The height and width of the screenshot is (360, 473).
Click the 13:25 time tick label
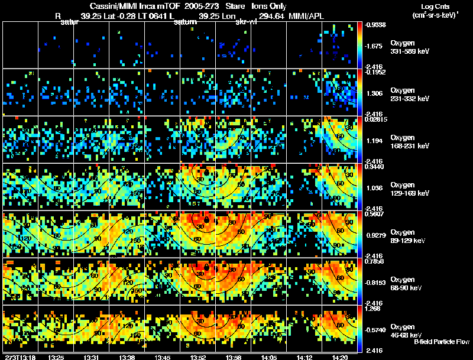coord(56,357)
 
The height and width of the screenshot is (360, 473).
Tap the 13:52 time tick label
coord(198,357)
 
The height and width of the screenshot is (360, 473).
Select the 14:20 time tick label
coord(340,357)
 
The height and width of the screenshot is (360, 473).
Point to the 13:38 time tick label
coord(127,357)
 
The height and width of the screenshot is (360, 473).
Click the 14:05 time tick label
coord(269,357)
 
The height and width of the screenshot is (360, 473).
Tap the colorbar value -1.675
coord(377,46)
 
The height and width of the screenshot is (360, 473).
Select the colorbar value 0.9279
coord(377,236)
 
